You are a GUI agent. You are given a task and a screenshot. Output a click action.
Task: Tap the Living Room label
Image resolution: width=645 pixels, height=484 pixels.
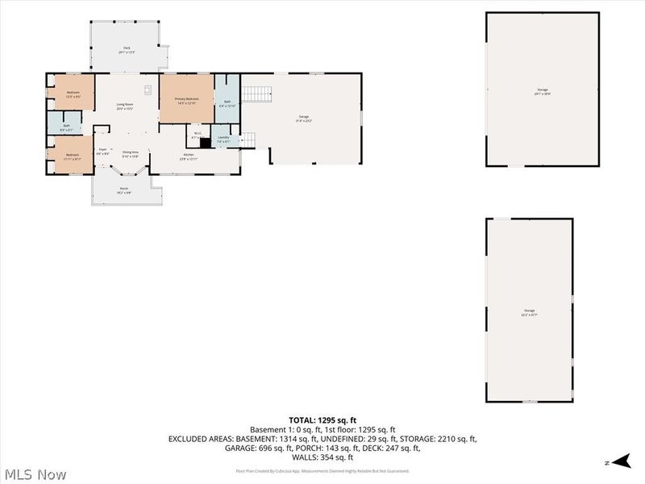124,106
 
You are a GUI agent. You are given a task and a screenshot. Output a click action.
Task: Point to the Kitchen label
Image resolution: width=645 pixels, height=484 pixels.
189,156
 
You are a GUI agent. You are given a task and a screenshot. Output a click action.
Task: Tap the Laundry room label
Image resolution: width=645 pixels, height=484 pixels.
223,139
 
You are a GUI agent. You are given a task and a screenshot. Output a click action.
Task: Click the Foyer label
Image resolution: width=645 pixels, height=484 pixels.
102,151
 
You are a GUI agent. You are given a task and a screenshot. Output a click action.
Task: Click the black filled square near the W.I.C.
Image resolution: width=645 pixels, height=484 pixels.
205,144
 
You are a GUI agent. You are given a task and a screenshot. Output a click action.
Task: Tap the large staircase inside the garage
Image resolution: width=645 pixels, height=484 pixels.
256,94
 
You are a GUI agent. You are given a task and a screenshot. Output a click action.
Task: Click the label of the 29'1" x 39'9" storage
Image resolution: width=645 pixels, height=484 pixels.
543,91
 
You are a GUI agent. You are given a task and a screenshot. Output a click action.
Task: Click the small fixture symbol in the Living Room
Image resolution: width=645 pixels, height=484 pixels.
148,89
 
